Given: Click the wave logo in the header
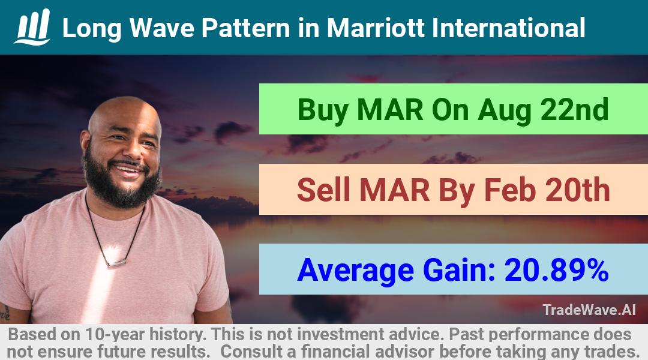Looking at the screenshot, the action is (32, 27).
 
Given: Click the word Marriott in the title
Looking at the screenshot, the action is (376, 28).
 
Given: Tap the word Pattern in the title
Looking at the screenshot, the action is (246, 28).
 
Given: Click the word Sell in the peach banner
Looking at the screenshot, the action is (323, 190).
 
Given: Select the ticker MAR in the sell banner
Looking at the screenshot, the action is (395, 190).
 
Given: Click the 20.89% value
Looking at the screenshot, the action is (556, 270).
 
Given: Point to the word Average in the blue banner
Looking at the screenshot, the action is (355, 271).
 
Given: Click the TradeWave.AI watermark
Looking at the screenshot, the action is (589, 310).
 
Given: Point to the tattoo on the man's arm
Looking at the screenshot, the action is (5, 312).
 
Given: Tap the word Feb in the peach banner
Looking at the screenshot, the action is (509, 190).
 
